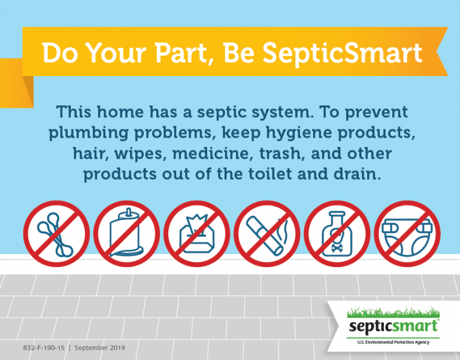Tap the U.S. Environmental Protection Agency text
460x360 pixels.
point(394,341)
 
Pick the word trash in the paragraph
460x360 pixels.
point(283,154)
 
